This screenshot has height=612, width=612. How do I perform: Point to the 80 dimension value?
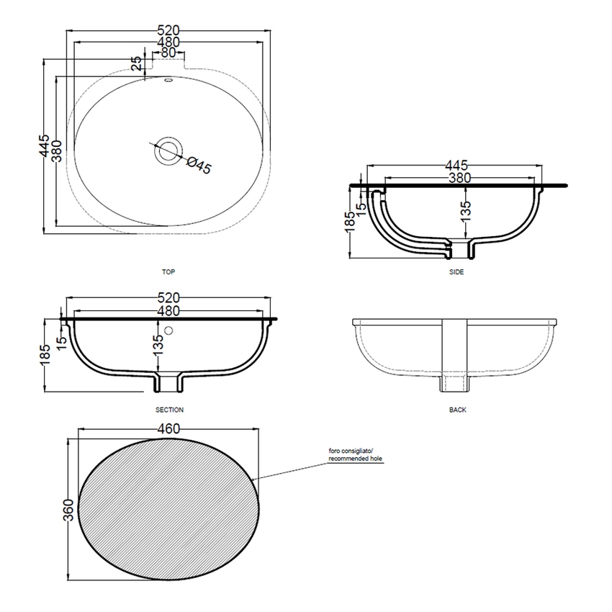pos(168,53)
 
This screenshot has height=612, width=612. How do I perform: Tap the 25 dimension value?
pos(137,63)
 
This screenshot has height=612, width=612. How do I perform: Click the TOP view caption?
pos(169,272)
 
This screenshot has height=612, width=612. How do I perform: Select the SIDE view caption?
pos(456,272)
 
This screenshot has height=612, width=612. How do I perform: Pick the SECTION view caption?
pos(169,409)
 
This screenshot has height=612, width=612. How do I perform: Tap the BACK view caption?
pos(457,409)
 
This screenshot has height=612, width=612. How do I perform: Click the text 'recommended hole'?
pos(356,458)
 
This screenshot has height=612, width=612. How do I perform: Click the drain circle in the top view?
pos(168,150)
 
